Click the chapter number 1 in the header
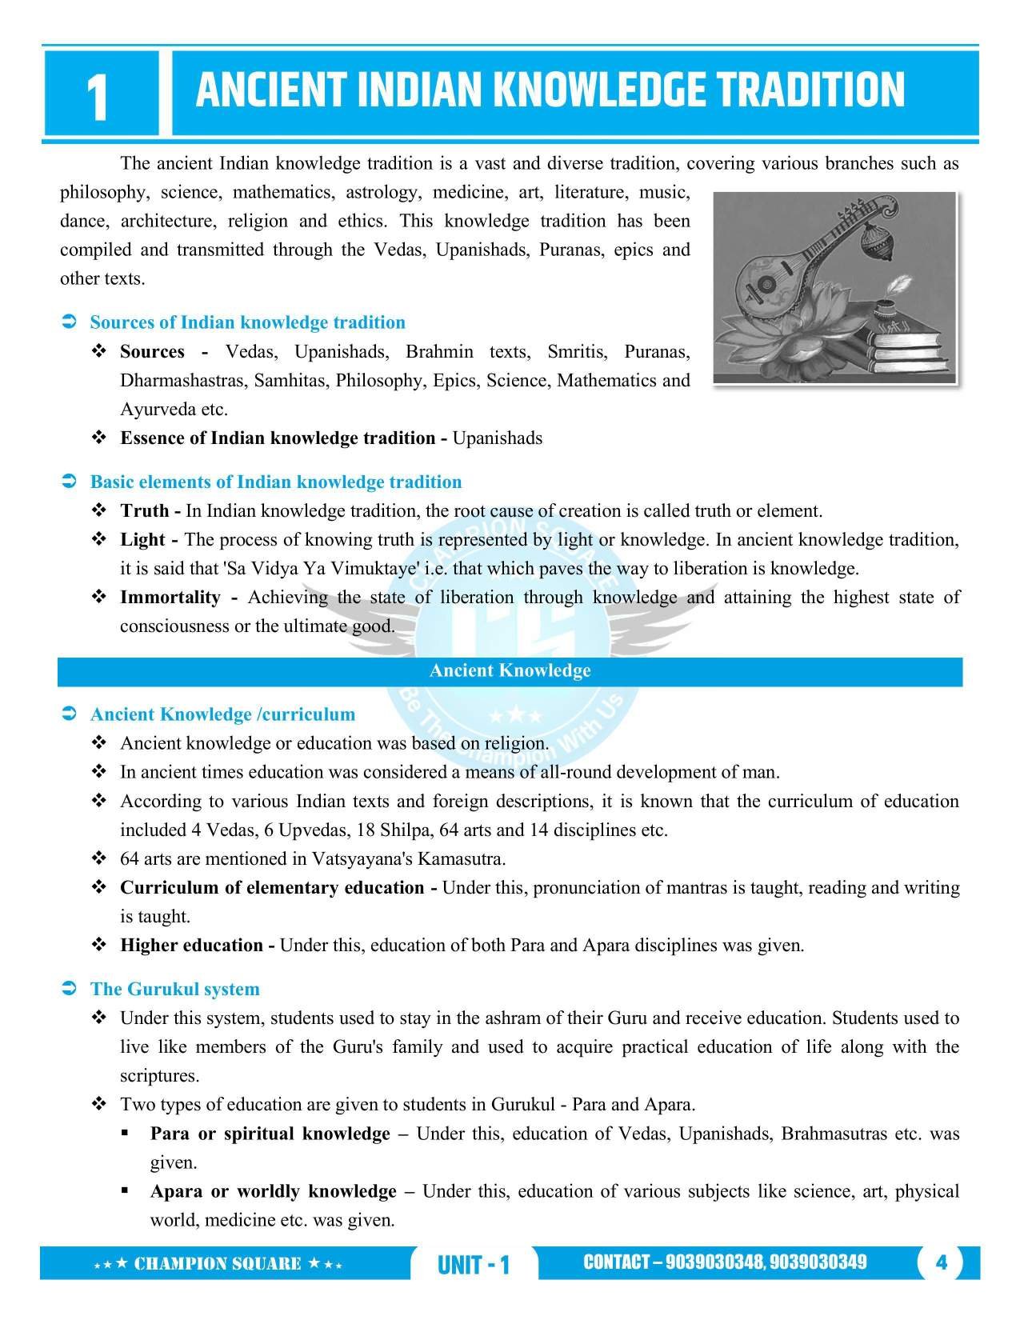97,99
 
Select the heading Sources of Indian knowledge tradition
247,322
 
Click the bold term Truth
145,510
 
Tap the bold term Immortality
170,597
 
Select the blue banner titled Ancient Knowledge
510,670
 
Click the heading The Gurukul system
174,989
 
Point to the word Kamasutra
467,858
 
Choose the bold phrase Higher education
192,945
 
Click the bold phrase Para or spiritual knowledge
270,1134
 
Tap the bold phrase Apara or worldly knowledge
274,1191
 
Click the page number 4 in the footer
941,1263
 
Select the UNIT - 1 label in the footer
474,1265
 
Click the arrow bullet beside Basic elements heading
69,482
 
